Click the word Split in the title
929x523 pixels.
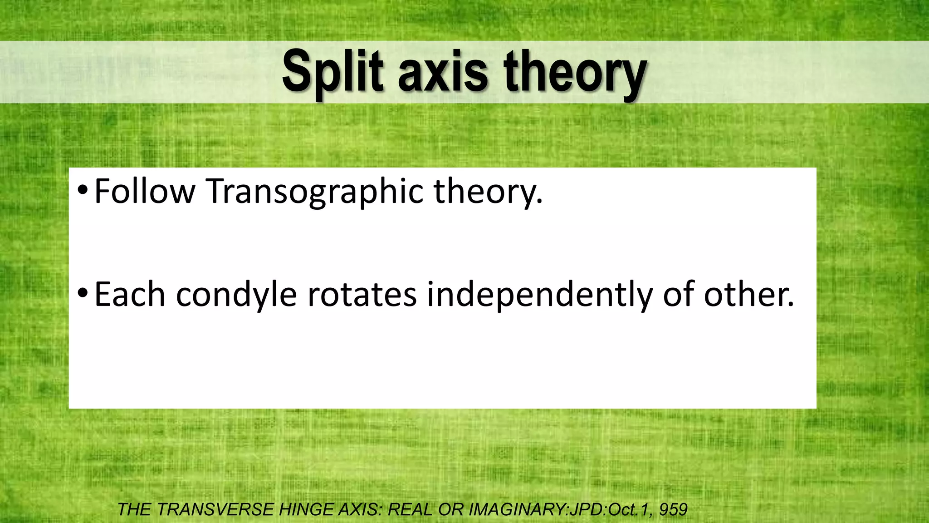[332, 73]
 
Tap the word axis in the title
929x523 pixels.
[443, 73]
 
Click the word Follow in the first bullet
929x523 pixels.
[145, 192]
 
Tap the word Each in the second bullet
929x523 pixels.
[130, 295]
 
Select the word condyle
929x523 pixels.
[236, 295]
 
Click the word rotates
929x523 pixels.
[362, 295]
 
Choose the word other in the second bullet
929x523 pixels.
[748, 295]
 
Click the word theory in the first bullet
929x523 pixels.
[488, 192]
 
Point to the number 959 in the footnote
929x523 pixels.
[674, 510]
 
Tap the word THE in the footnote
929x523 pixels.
[134, 510]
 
